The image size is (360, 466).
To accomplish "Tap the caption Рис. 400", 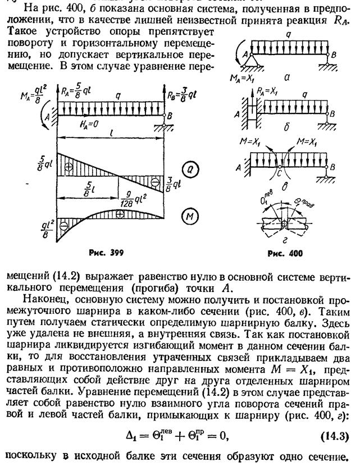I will [x=286, y=253].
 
